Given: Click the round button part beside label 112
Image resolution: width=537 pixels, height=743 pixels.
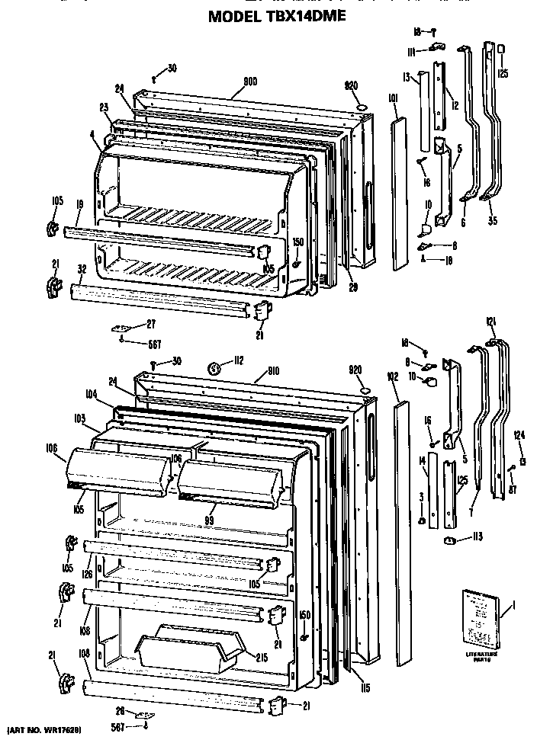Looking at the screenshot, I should [216, 368].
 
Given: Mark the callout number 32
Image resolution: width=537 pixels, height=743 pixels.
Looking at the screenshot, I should [80, 269].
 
